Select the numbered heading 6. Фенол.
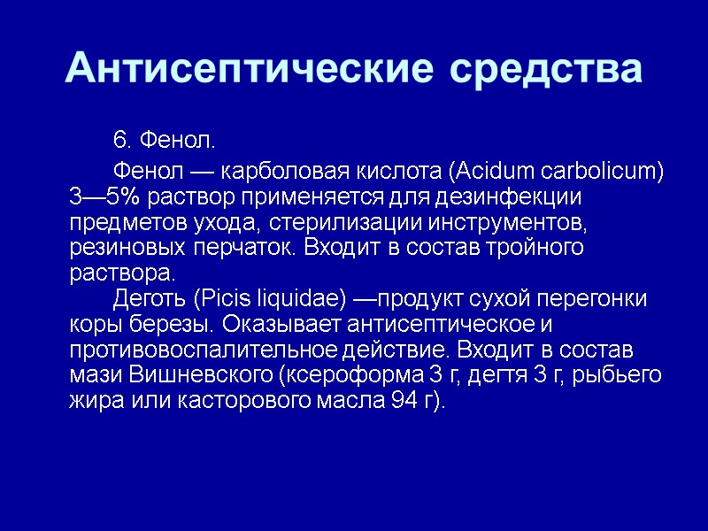coord(165,141)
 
